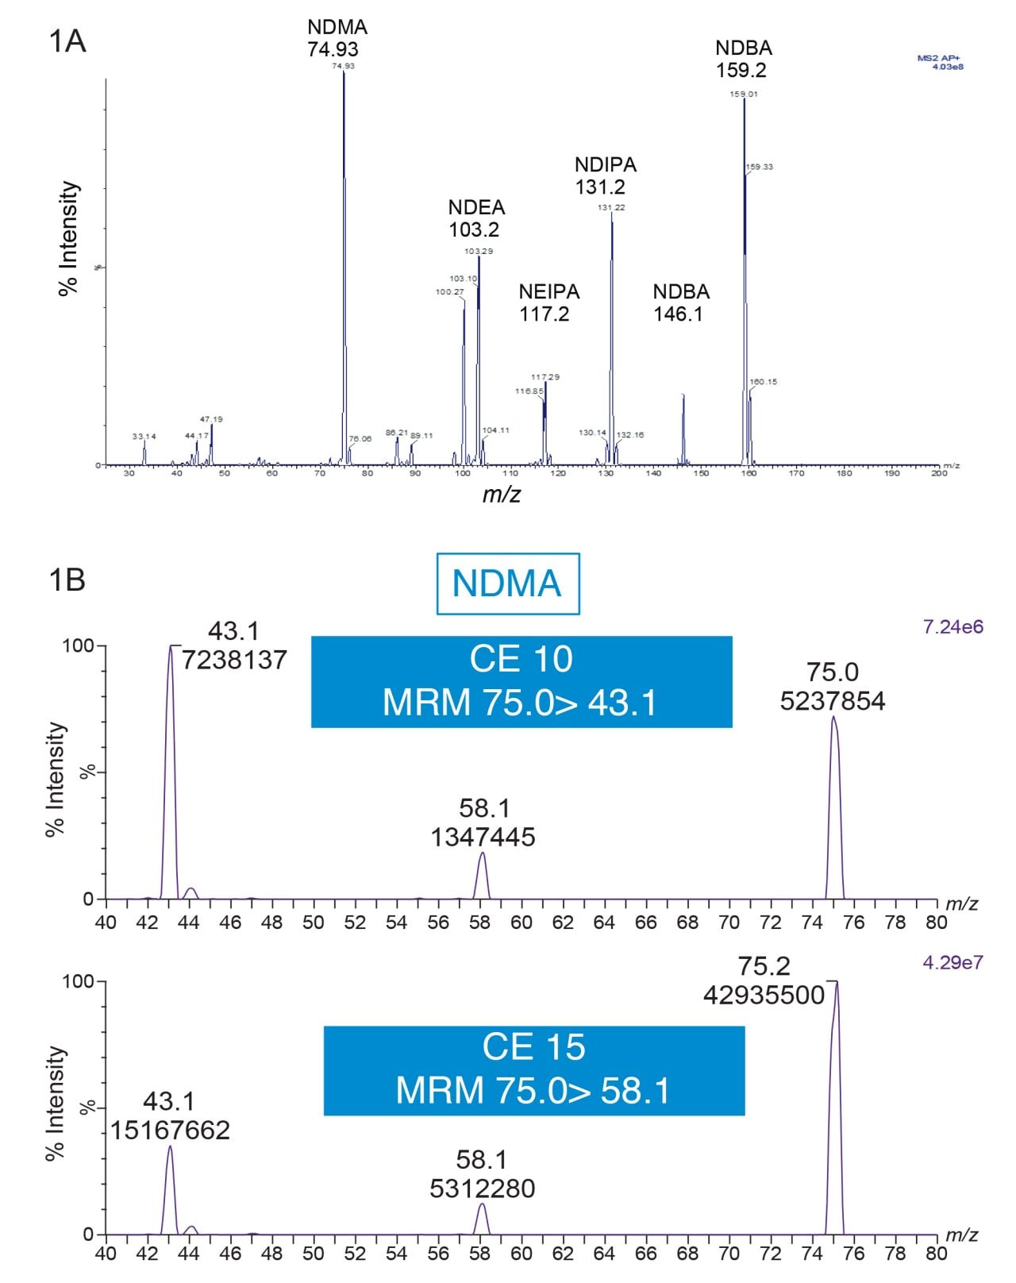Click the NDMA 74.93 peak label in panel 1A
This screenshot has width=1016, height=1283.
[337, 38]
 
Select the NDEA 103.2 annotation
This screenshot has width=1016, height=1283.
[475, 218]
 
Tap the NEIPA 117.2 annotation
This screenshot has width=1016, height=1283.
[548, 302]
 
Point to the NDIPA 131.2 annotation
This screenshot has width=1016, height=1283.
[605, 175]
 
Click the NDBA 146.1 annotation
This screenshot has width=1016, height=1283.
[680, 302]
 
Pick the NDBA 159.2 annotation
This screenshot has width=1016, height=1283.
[743, 59]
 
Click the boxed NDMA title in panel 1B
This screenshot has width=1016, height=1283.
[508, 584]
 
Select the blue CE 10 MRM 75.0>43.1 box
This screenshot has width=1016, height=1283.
[521, 681]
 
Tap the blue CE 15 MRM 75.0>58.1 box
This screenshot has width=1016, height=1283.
[533, 1069]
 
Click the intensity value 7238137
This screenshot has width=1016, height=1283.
[234, 660]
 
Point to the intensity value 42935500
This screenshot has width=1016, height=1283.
[764, 995]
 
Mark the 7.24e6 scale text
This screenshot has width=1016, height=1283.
[952, 627]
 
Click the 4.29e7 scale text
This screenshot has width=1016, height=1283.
[952, 963]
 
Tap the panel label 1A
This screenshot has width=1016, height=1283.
[67, 41]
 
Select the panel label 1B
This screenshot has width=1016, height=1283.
[67, 580]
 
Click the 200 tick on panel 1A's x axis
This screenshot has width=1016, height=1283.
[939, 473]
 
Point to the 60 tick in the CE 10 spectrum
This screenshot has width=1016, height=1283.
[521, 923]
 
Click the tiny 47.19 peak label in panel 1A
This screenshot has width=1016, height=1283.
[211, 419]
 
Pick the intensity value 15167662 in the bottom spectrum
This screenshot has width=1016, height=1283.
[170, 1130]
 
